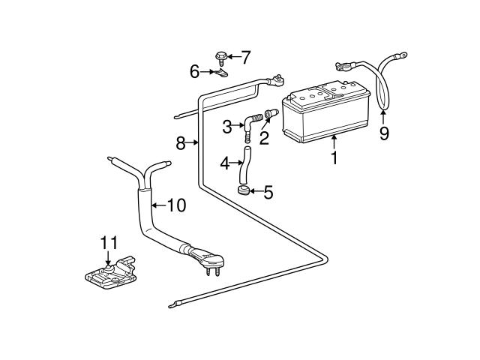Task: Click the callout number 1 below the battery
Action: [334, 158]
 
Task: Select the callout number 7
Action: [245, 57]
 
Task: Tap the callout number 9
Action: [384, 133]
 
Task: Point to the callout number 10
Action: [177, 205]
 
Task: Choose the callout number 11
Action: [109, 243]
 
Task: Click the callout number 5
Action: [268, 192]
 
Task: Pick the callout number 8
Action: [181, 143]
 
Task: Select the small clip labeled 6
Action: [221, 73]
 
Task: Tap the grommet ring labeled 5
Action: [243, 190]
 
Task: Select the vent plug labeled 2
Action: [271, 113]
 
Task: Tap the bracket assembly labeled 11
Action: [110, 274]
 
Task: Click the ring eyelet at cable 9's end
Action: [402, 55]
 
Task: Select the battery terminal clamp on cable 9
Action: [343, 66]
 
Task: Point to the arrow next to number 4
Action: [236, 163]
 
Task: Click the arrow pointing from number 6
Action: [207, 72]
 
